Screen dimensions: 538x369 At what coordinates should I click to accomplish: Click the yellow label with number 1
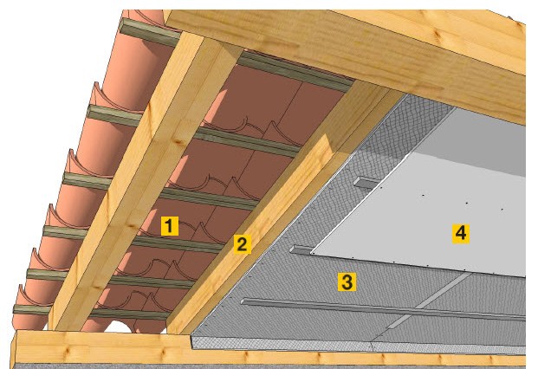(170, 226)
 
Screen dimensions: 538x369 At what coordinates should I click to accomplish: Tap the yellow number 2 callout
(243, 244)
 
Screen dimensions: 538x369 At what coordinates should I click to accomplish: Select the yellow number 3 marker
(347, 282)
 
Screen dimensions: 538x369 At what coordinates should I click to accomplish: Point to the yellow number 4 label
(460, 233)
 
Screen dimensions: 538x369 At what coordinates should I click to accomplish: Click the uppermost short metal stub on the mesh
(365, 182)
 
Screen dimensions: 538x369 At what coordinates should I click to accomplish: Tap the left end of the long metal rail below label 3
(243, 301)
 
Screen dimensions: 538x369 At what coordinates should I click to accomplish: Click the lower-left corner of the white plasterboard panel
(311, 254)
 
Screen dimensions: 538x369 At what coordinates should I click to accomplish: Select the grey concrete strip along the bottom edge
(271, 366)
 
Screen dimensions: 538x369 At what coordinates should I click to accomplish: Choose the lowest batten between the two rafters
(130, 314)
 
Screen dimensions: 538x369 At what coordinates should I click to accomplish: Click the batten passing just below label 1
(178, 244)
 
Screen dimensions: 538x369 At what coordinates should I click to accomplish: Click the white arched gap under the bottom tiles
(119, 327)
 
